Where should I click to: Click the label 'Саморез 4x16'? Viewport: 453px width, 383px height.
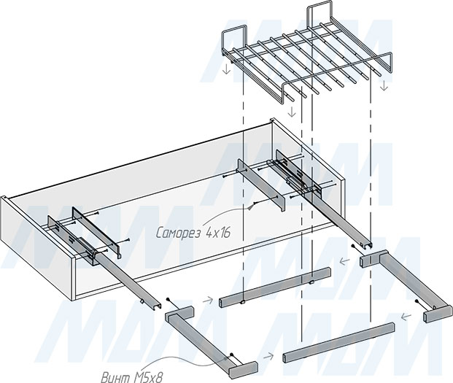(x=193, y=233)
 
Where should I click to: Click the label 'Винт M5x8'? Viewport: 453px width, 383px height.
(x=132, y=377)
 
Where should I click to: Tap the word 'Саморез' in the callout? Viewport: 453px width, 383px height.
(x=178, y=233)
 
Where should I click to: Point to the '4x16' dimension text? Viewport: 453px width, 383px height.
(x=218, y=232)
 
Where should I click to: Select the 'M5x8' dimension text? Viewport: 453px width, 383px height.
(x=148, y=377)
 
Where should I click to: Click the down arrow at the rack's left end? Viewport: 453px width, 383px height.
(x=227, y=69)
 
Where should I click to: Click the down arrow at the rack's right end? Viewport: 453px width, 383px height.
(x=384, y=85)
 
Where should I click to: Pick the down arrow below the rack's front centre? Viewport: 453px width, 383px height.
(x=292, y=112)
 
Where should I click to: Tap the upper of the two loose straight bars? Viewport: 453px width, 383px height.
(x=275, y=287)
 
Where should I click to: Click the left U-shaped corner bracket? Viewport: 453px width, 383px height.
(x=212, y=342)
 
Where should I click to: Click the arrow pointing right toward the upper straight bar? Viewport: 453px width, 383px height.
(x=207, y=301)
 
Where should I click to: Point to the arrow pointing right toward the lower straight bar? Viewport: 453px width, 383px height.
(x=268, y=357)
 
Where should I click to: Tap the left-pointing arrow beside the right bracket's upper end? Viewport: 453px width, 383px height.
(x=344, y=262)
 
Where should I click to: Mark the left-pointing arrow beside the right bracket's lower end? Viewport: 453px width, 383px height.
(x=406, y=317)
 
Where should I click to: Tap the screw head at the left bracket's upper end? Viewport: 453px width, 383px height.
(x=168, y=299)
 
